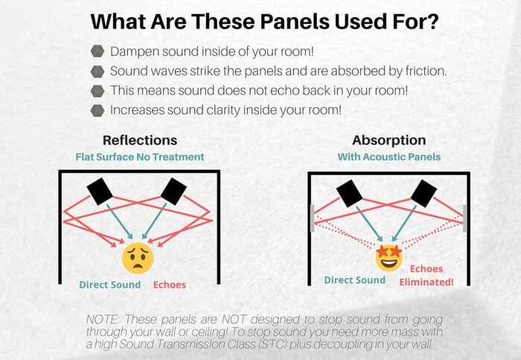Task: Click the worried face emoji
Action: [138, 258]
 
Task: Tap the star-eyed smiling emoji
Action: [389, 257]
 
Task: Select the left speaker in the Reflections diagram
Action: [100, 191]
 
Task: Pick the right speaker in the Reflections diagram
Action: [173, 191]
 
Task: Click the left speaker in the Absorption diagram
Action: [350, 193]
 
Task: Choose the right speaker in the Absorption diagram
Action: [423, 193]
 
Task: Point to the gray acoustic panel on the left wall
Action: [313, 218]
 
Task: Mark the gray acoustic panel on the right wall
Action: [465, 218]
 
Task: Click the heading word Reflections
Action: [140, 140]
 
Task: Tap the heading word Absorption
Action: [389, 140]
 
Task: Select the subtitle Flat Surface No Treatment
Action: [140, 157]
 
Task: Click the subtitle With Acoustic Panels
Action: [389, 157]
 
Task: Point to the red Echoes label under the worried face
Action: [170, 285]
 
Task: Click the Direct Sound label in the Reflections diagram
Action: [109, 285]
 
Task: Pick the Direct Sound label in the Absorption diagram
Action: [354, 280]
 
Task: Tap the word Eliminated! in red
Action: [426, 282]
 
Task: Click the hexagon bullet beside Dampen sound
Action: [98, 51]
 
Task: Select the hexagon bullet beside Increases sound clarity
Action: [98, 110]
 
